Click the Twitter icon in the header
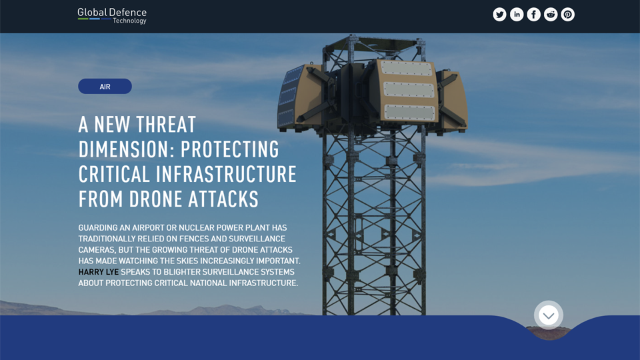pyautogui.click(x=499, y=15)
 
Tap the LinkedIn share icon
pyautogui.click(x=517, y=15)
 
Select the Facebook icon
pyautogui.click(x=534, y=15)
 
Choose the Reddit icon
pyautogui.click(x=551, y=15)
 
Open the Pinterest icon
pyautogui.click(x=568, y=15)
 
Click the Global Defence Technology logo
pyautogui.click(x=112, y=15)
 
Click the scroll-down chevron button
pyautogui.click(x=549, y=315)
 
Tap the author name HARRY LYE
pyautogui.click(x=98, y=272)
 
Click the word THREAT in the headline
pyautogui.click(x=166, y=125)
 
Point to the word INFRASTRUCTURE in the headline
pyautogui.click(x=226, y=174)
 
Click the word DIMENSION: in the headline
pyautogui.click(x=126, y=149)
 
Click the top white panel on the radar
pyautogui.click(x=407, y=69)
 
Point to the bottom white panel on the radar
pyautogui.click(x=410, y=112)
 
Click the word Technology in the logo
pyautogui.click(x=129, y=21)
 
